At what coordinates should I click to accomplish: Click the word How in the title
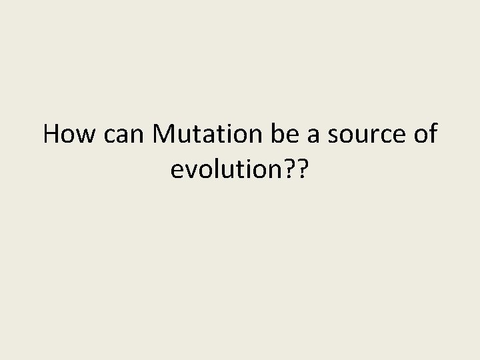point(69,135)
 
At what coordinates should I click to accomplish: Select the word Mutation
point(207,135)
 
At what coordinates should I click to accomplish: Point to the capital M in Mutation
point(164,135)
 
